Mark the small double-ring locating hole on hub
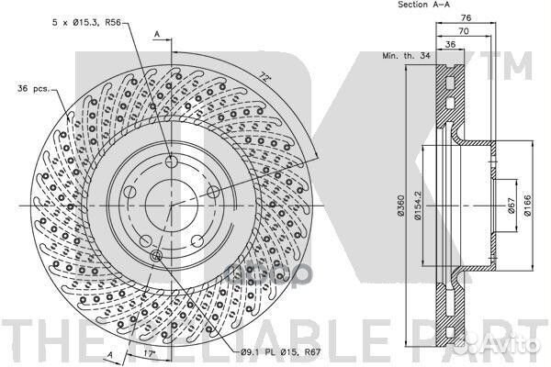156,256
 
